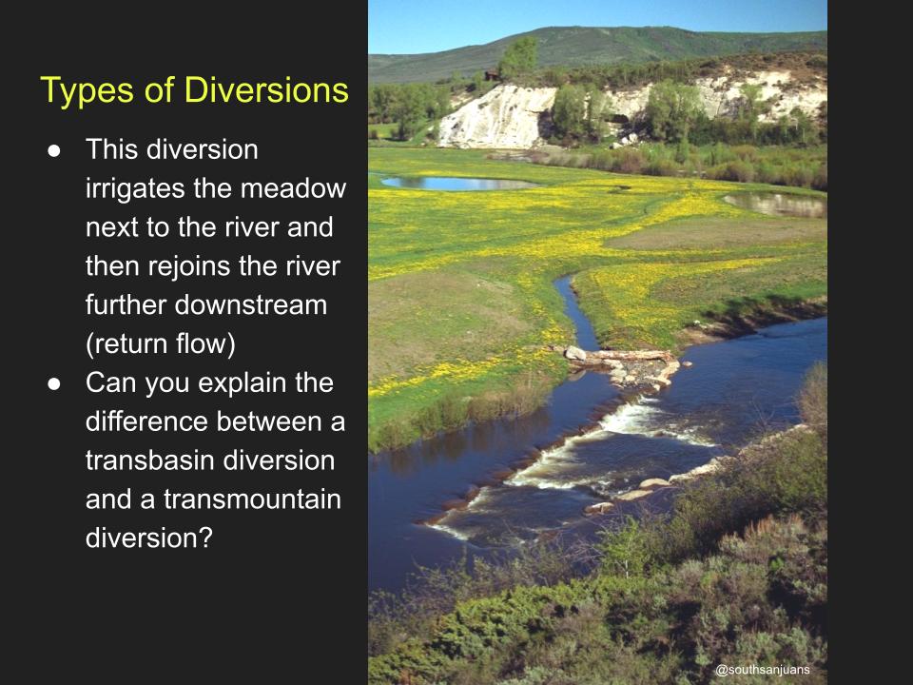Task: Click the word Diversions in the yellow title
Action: click(x=266, y=90)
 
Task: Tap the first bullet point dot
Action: click(x=54, y=151)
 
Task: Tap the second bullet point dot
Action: click(x=54, y=383)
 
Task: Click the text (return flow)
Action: click(x=161, y=343)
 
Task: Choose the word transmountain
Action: click(x=252, y=499)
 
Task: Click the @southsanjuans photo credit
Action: click(x=762, y=670)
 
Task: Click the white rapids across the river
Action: click(x=571, y=460)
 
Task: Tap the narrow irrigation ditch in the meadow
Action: click(x=575, y=312)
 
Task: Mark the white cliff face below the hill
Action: click(x=495, y=116)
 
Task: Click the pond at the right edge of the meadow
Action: click(x=774, y=205)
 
